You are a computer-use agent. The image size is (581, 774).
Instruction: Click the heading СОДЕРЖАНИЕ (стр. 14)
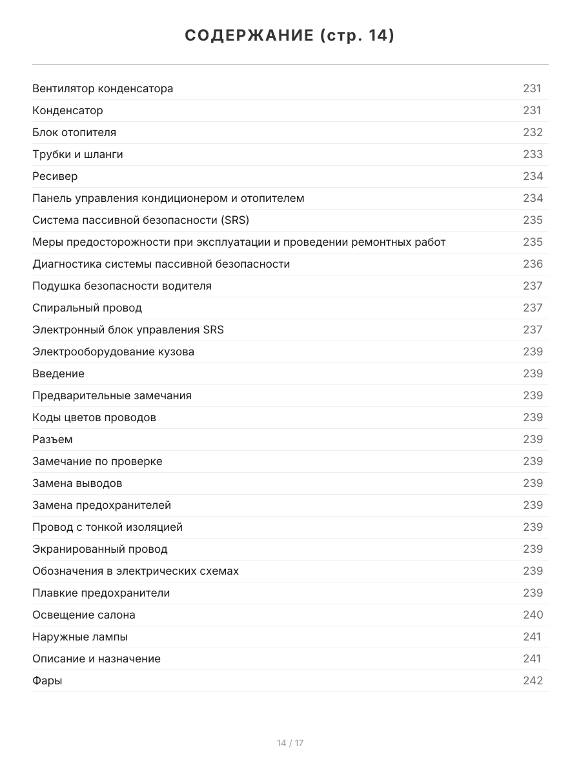[290, 35]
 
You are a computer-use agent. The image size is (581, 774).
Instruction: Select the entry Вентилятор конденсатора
[103, 88]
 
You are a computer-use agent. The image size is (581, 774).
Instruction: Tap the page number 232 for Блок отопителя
[533, 132]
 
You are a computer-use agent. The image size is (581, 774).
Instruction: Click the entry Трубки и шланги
[77, 154]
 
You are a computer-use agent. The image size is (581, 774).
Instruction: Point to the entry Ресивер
[55, 176]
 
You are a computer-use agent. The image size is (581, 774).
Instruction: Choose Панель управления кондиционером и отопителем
[168, 198]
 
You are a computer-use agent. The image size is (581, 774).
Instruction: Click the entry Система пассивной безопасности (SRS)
[141, 220]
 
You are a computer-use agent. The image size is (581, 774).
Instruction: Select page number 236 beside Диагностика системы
[533, 264]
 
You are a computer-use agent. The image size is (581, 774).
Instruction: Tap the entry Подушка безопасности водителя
[122, 286]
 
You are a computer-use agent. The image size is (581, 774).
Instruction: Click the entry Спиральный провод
[87, 308]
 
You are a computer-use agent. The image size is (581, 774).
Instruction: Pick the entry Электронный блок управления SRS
[128, 330]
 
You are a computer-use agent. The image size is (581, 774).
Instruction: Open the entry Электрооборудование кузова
[113, 352]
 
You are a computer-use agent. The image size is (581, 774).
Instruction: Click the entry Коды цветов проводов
[94, 417]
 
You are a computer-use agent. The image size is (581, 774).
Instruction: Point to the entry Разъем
[52, 439]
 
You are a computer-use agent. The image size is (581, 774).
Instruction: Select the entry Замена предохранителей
[101, 505]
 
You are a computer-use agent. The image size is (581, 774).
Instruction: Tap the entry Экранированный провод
[99, 549]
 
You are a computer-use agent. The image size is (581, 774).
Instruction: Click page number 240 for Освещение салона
[533, 615]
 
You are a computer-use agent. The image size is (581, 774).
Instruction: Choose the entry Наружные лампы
[80, 637]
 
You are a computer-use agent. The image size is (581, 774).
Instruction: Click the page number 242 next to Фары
[533, 680]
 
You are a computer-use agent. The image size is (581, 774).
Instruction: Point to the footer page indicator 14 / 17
[290, 743]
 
